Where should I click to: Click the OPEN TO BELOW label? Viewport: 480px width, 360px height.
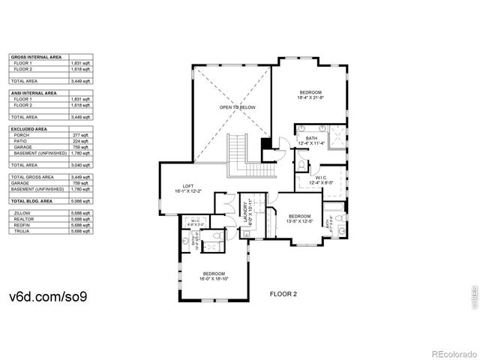pos(237,108)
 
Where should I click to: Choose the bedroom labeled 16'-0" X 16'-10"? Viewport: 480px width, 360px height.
pos(213,274)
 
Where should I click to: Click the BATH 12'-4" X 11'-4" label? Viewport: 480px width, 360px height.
pos(310,140)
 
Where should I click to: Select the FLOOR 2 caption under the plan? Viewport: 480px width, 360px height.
pos(283,295)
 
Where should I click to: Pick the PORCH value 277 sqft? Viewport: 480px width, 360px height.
pos(80,135)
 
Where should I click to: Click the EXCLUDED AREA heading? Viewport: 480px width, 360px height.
pos(29,129)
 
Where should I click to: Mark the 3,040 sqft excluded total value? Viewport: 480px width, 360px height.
pos(80,164)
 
